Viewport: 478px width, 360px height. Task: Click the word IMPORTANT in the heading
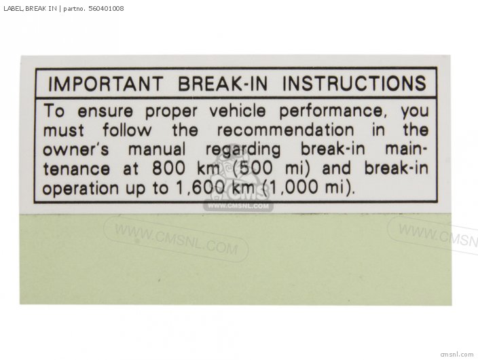(105, 84)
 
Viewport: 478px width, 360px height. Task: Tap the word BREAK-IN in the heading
(223, 84)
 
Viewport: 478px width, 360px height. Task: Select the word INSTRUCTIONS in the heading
(354, 84)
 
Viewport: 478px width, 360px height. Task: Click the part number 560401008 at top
(106, 9)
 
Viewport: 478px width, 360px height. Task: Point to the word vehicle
(238, 111)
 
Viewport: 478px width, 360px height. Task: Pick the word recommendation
(286, 130)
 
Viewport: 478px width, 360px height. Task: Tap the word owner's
(75, 150)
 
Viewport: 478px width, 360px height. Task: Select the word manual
(157, 149)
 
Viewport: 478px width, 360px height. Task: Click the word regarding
(243, 150)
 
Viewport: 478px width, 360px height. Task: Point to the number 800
(168, 168)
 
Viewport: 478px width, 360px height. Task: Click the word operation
(81, 189)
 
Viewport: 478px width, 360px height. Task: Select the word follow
(127, 130)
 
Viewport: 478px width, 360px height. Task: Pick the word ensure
(105, 111)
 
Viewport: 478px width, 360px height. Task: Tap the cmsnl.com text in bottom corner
(457, 354)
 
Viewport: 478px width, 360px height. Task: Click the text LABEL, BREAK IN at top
(30, 9)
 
